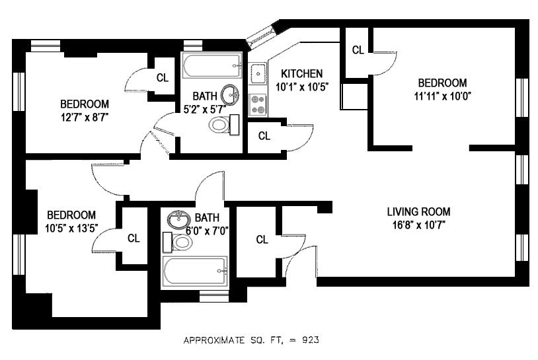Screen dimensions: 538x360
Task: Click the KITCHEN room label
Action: tap(301, 74)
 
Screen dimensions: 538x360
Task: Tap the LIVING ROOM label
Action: tap(418, 211)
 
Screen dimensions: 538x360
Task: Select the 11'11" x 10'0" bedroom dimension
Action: tap(442, 96)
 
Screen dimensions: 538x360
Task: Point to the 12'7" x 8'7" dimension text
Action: tap(85, 118)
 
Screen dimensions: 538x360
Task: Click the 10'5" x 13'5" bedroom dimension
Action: tap(71, 228)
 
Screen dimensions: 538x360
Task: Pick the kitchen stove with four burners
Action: tap(258, 104)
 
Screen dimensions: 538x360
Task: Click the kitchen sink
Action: tap(257, 73)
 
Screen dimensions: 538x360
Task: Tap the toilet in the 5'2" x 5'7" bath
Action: tap(224, 124)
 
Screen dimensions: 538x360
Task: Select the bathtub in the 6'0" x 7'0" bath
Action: tap(195, 271)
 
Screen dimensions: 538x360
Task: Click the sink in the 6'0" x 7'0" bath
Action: tap(179, 219)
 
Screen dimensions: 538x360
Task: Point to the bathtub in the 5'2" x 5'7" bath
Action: tap(211, 65)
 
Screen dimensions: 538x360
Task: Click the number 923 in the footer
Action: tap(311, 340)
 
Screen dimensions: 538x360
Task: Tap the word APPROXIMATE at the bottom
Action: tap(213, 340)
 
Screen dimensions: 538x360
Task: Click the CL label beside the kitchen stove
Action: tap(264, 136)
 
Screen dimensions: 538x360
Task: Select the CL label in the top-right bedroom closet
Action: tap(358, 50)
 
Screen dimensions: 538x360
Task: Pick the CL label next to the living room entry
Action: tap(262, 240)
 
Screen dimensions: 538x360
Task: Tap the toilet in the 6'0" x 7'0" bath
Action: tap(177, 242)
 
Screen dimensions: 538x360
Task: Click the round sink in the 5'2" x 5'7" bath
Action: tap(230, 94)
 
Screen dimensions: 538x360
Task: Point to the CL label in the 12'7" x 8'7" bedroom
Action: tap(163, 78)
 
